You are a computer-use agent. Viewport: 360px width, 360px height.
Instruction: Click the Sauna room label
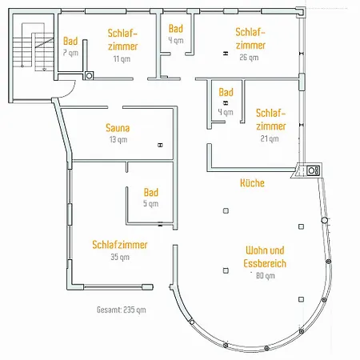(118, 128)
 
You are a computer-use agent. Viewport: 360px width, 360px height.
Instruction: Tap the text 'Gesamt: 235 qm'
(122, 310)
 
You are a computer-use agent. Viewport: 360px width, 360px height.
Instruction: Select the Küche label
(252, 183)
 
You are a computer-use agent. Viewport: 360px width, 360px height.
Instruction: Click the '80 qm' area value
(266, 275)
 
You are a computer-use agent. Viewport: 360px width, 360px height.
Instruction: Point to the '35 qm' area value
(120, 257)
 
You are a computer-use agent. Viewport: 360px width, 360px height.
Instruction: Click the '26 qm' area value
(249, 58)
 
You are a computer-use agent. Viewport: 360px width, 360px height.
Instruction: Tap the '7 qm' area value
(70, 53)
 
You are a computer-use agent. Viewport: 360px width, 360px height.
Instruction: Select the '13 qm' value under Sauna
(118, 139)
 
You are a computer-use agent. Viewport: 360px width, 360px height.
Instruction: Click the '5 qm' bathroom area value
(150, 203)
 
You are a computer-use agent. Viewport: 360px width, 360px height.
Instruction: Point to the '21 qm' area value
(270, 138)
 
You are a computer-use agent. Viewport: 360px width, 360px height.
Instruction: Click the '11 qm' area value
(122, 58)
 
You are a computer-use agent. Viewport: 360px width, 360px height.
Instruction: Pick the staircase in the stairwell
(34, 47)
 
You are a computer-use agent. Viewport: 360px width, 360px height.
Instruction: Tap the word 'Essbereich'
(265, 263)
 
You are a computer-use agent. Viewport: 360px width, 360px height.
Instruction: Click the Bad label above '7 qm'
(70, 41)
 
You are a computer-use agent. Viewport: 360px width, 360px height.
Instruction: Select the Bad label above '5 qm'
(151, 192)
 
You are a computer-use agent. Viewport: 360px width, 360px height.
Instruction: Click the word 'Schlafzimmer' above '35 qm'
(120, 245)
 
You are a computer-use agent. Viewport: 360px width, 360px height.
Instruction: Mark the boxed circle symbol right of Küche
(313, 170)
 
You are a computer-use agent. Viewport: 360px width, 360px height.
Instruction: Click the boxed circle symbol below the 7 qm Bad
(90, 76)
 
